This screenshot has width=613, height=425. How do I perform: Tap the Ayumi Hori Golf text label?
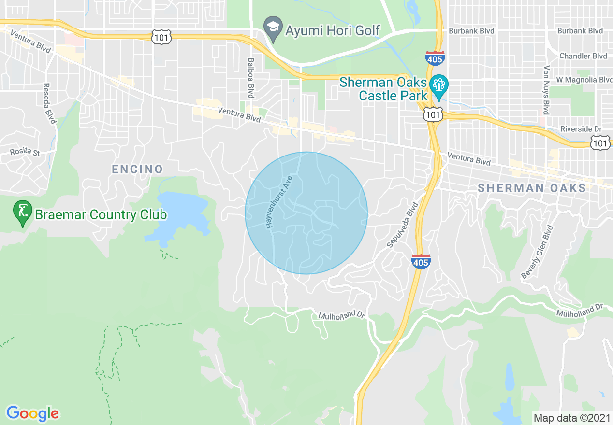pos(332,30)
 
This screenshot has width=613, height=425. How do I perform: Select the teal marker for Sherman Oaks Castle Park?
pos(439,85)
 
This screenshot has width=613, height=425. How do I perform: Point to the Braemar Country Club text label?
pos(101,214)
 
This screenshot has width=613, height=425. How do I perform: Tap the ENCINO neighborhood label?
pos(137,169)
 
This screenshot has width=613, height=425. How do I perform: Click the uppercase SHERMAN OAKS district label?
pos(532,188)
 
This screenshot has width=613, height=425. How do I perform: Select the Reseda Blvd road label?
pos(49,103)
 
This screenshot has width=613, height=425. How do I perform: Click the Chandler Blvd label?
pos(583,56)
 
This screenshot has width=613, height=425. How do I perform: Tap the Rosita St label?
pos(26,152)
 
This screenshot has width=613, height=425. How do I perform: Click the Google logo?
pos(33,413)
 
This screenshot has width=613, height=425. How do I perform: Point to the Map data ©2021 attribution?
pos(571,418)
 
